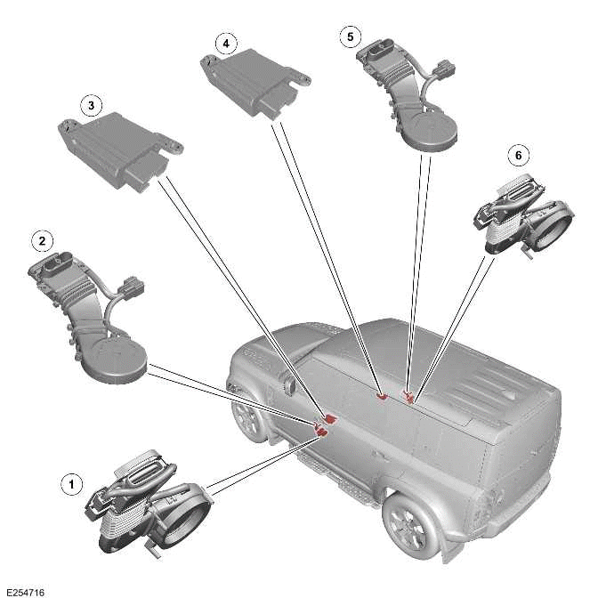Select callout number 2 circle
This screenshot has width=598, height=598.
tap(40, 240)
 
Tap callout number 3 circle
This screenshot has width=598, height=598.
tap(90, 105)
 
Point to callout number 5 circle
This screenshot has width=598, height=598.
tap(351, 36)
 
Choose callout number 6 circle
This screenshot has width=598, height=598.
tap(517, 155)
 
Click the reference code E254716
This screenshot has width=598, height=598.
tap(23, 590)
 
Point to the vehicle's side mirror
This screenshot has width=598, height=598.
tap(288, 386)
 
